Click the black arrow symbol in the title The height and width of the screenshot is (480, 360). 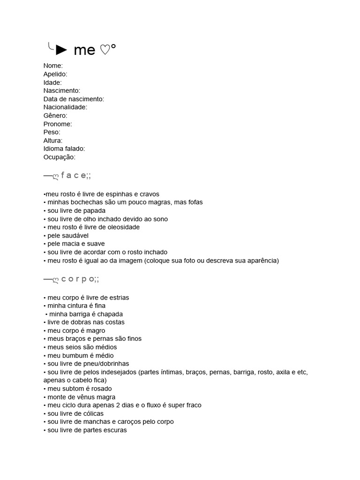tap(61, 49)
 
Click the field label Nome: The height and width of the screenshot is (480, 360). tap(53, 66)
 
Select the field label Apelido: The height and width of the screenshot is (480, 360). tap(55, 74)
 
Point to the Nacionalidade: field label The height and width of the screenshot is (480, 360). tap(65, 107)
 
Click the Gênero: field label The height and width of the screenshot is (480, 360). tap(55, 116)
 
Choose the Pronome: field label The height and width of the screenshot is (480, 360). tap(58, 124)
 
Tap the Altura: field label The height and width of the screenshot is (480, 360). tap(53, 141)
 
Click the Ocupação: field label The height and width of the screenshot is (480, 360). tap(59, 157)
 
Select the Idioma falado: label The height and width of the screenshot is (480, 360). tap(64, 149)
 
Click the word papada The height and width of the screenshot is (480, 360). tap(95, 210)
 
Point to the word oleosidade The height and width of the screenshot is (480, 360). tap(124, 227)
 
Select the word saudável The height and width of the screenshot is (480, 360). tap(75, 235)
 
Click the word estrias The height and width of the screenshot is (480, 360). tap(118, 298)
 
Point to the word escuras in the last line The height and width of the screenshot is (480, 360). tap(115, 430)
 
